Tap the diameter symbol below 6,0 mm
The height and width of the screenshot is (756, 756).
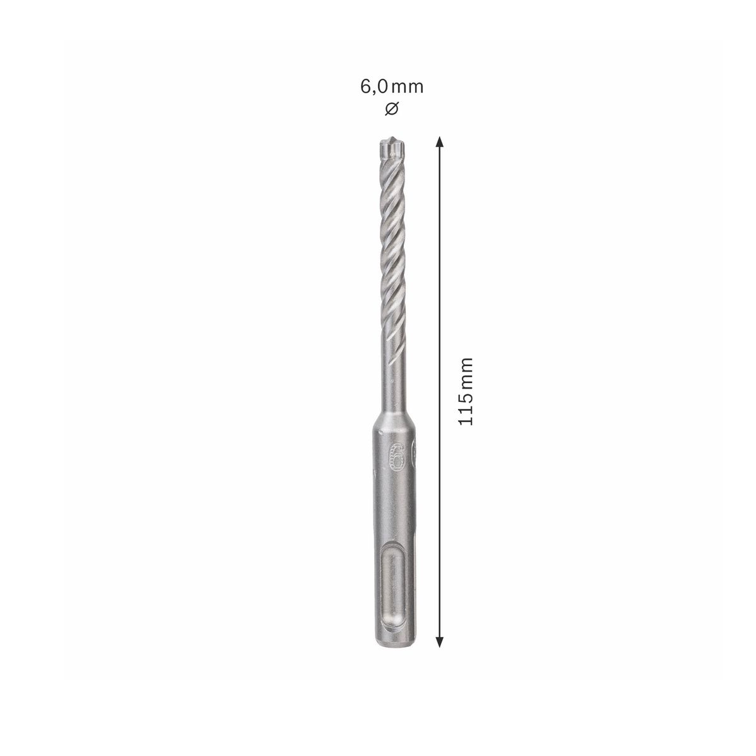(391, 108)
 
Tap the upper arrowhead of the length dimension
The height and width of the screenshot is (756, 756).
(440, 141)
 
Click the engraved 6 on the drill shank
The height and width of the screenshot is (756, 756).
(396, 455)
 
